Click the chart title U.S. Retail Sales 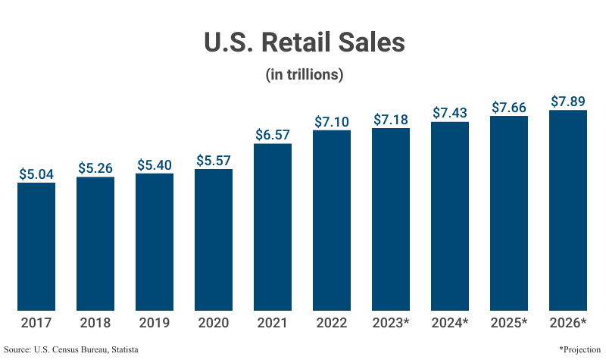[x=305, y=42]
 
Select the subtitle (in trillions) [x=305, y=75]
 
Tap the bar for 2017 [x=36, y=246]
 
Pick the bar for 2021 [x=273, y=227]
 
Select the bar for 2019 [x=155, y=242]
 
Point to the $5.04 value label [x=36, y=174]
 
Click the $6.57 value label [x=273, y=134]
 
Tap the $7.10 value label [x=332, y=121]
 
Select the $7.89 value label [x=568, y=101]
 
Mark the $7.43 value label [x=450, y=112]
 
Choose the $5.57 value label [x=214, y=160]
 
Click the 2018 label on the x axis [x=95, y=324]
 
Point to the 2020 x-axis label [x=214, y=324]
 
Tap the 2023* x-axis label [x=391, y=324]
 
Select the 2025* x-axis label [x=509, y=324]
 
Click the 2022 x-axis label [x=332, y=324]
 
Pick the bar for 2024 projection [x=450, y=216]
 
